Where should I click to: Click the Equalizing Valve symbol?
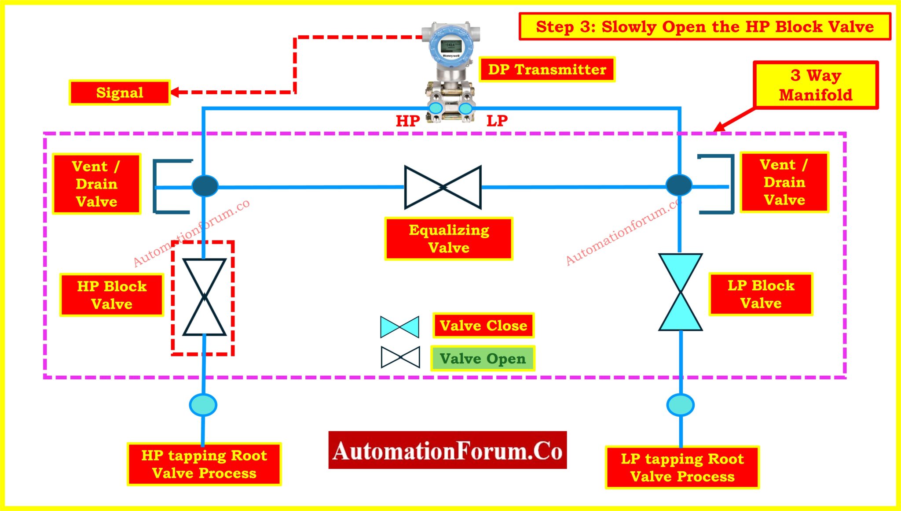point(443,187)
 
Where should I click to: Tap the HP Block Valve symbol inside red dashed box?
point(204,297)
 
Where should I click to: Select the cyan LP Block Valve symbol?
point(680,292)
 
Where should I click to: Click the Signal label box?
point(120,93)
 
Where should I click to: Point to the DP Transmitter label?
point(547,69)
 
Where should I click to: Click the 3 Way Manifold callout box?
point(815,85)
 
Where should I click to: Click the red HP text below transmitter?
point(408,121)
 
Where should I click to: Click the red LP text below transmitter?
point(497,121)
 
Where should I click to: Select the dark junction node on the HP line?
point(205,185)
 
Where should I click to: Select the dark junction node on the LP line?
point(679,185)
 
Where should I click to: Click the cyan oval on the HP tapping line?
point(203,405)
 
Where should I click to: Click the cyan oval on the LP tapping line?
point(681,405)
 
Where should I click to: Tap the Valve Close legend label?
point(483,326)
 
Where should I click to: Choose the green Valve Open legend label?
point(483,359)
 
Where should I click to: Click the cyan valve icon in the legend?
point(399,327)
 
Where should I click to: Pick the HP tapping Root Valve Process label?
point(204,464)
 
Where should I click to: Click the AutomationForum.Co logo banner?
point(447,450)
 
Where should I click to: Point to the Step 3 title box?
point(705,27)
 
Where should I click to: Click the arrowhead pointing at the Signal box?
point(175,92)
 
